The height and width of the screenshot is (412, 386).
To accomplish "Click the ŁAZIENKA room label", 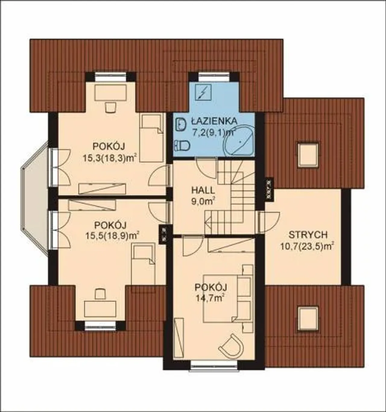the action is click(x=214, y=121).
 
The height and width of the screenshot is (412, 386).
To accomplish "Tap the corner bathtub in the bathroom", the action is click(x=239, y=140).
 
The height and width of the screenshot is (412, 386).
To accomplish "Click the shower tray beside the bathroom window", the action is click(x=203, y=92).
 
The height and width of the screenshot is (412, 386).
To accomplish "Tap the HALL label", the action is click(x=203, y=190).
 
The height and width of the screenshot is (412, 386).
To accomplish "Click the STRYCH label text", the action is click(x=308, y=235).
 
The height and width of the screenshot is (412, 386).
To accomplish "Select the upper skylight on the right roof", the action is click(x=308, y=154).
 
